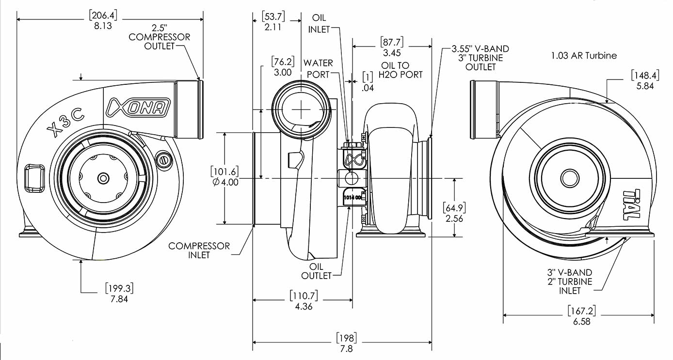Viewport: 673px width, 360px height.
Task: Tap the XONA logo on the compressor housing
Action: tap(138, 108)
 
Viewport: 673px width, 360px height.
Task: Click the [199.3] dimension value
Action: tap(119, 288)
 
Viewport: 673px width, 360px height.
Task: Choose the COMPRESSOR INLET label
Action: tap(199, 250)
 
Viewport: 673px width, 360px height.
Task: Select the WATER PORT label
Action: tap(318, 68)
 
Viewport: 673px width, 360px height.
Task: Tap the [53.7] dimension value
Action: tap(274, 16)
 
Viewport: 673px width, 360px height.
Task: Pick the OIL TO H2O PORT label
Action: tap(401, 70)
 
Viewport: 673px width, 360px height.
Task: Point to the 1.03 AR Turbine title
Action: tap(584, 56)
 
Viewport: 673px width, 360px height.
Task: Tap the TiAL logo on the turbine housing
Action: tap(632, 203)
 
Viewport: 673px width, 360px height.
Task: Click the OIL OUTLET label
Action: tap(317, 271)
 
